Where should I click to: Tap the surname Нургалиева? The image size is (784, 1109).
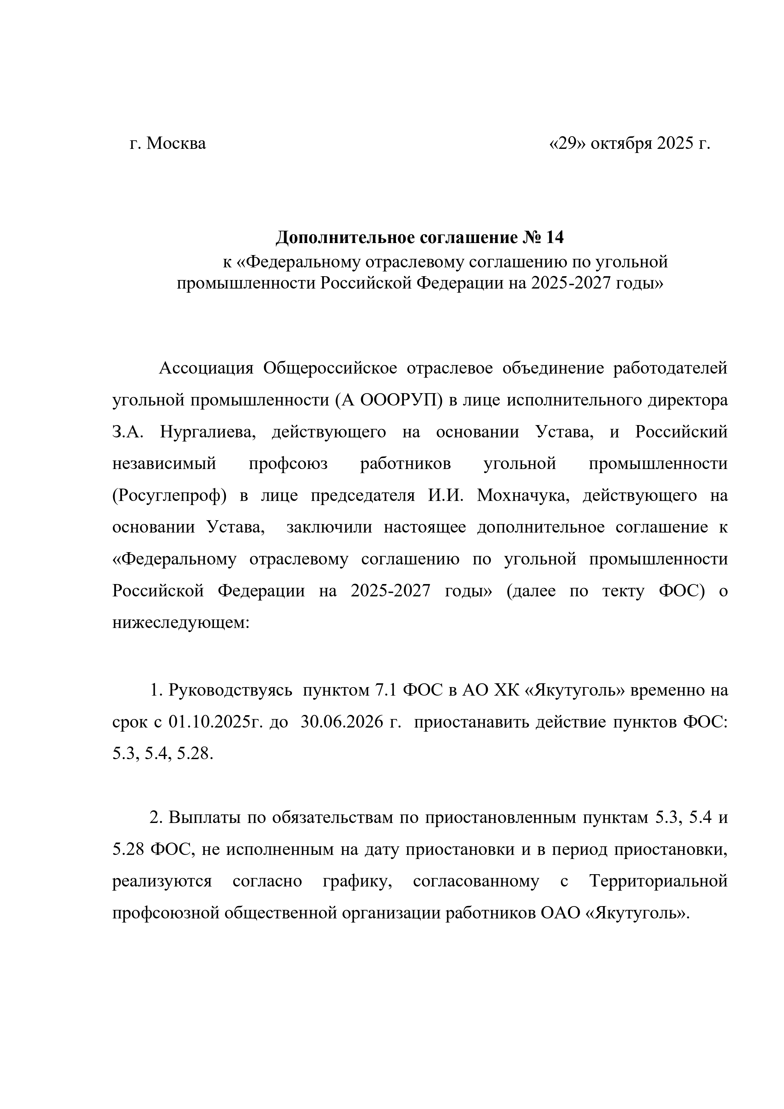coord(207,432)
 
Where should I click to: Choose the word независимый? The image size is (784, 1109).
coord(164,464)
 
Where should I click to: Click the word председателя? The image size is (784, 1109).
coord(362,496)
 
